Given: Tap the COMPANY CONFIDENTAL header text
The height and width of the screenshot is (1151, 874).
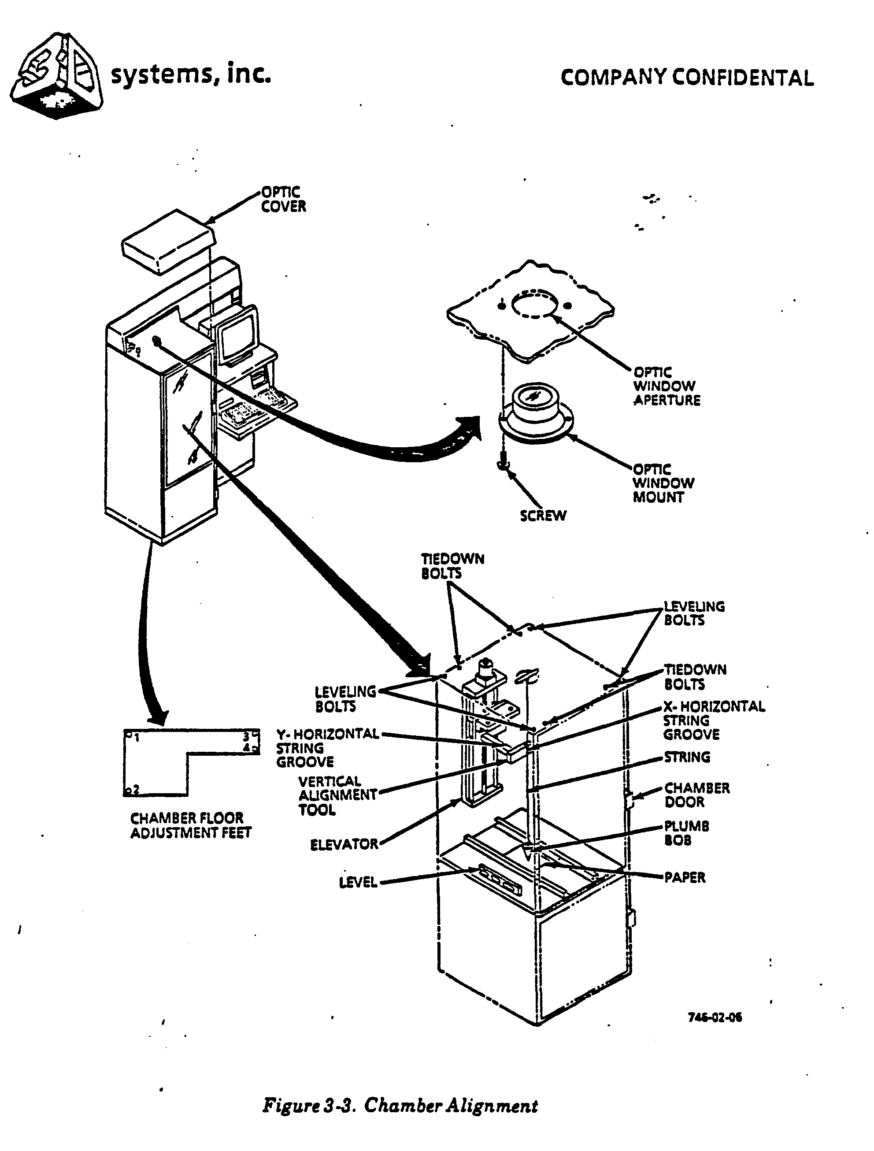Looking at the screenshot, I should click(x=687, y=78).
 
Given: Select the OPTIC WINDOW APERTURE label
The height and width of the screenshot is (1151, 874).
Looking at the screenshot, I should click(x=666, y=386).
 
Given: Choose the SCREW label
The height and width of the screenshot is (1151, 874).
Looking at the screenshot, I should click(x=543, y=516).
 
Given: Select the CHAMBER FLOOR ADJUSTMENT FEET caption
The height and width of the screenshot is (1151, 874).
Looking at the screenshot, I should click(x=190, y=825).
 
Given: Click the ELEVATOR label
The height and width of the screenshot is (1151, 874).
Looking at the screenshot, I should click(x=344, y=844).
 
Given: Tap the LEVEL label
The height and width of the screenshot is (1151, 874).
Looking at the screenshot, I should click(x=358, y=883).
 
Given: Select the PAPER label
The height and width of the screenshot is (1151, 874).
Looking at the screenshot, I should click(x=685, y=877).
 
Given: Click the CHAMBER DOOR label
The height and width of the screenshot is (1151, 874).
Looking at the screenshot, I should click(x=696, y=795).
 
